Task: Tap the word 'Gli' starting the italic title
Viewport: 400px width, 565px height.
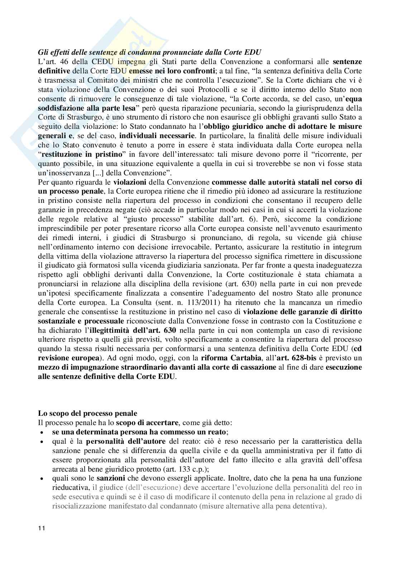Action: click(43, 52)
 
